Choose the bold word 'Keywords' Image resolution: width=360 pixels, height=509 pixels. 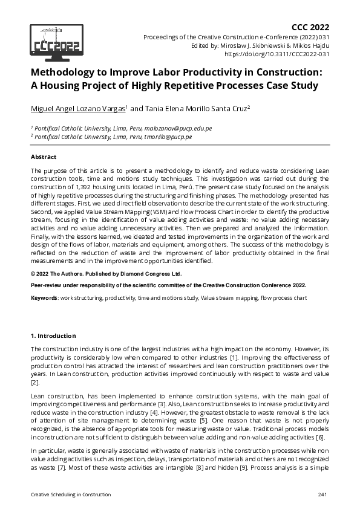(45, 299)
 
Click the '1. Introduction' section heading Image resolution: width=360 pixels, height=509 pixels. (53, 336)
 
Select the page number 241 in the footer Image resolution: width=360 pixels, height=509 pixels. (322, 495)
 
